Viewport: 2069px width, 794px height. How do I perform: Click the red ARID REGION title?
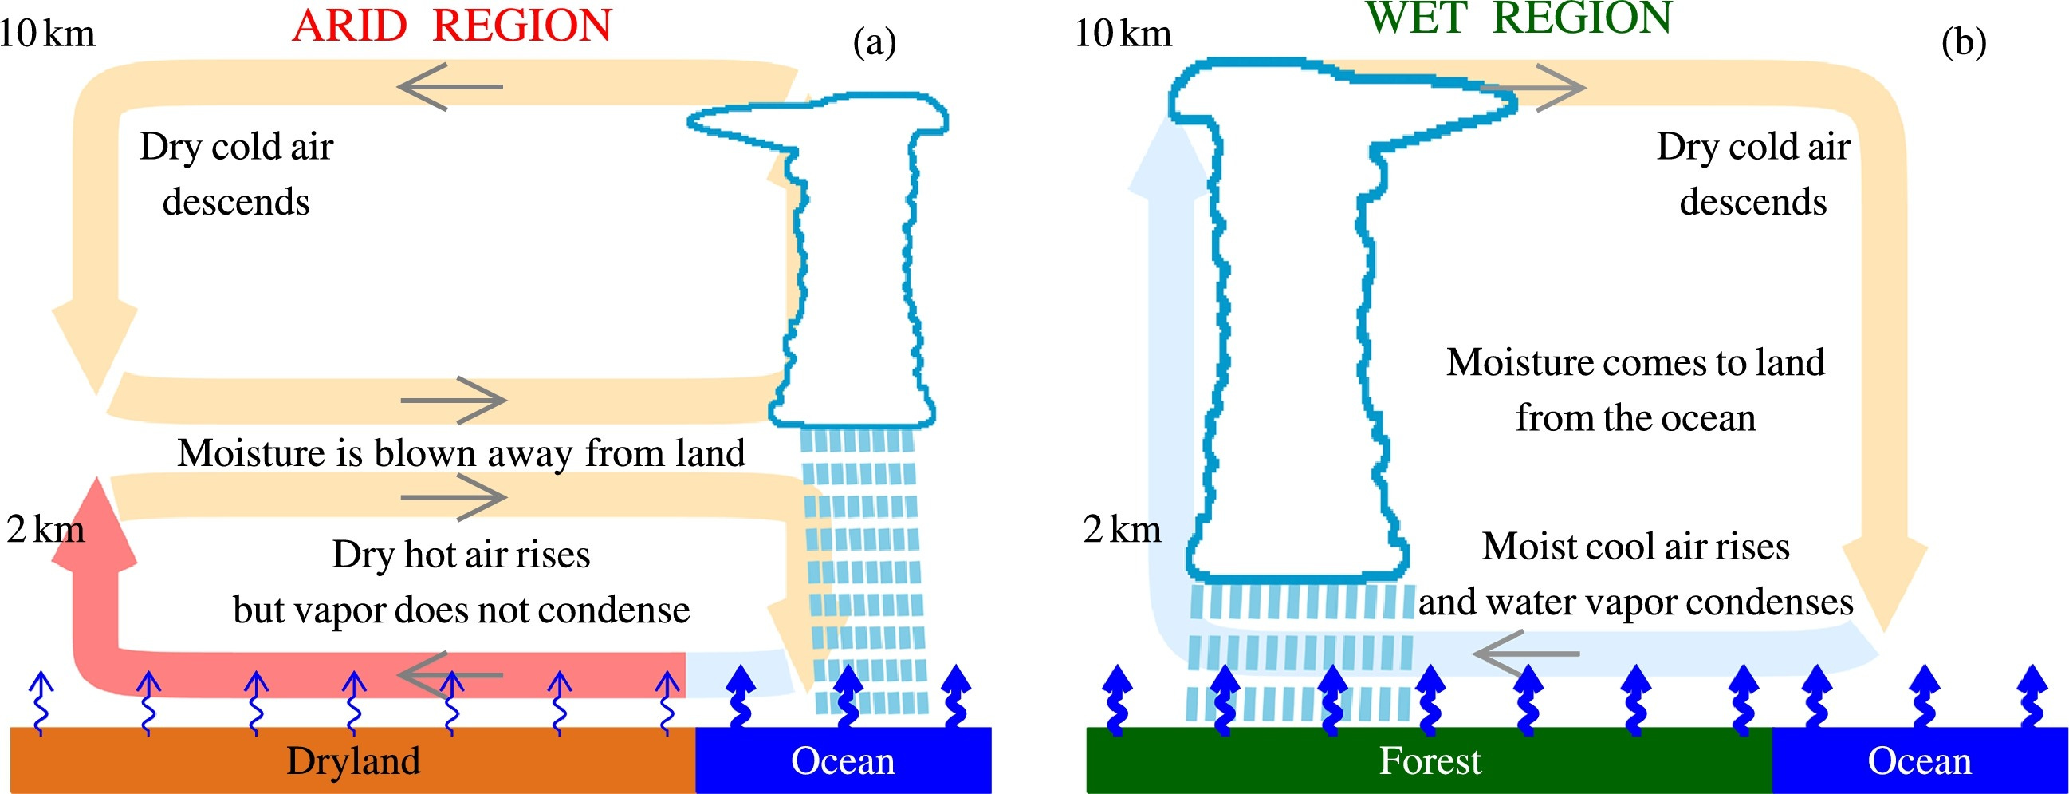click(x=452, y=26)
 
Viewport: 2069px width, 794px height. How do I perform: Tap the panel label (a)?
click(x=874, y=41)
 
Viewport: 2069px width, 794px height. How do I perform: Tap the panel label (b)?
click(x=1964, y=41)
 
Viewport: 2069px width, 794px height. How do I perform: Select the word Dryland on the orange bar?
click(x=353, y=761)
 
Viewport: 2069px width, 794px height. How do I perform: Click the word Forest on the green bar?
click(x=1430, y=761)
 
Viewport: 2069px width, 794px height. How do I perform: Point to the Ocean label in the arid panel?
click(x=843, y=761)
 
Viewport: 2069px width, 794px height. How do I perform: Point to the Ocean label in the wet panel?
click(x=1919, y=761)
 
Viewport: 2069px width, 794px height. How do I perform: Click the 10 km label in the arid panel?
click(x=46, y=34)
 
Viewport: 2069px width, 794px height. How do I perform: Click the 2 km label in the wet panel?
click(x=1121, y=530)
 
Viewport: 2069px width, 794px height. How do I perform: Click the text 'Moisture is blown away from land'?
click(x=461, y=453)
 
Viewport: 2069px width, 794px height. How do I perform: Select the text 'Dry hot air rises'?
click(x=461, y=555)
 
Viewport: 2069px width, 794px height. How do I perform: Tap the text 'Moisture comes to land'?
click(x=1635, y=362)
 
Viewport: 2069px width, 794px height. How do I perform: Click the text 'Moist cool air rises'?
click(x=1635, y=547)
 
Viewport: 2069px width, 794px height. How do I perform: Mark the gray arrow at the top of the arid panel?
click(x=450, y=87)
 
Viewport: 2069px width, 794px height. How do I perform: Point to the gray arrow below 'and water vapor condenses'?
click(x=1526, y=654)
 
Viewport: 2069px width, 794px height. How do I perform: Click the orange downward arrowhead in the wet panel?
click(x=1883, y=583)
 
